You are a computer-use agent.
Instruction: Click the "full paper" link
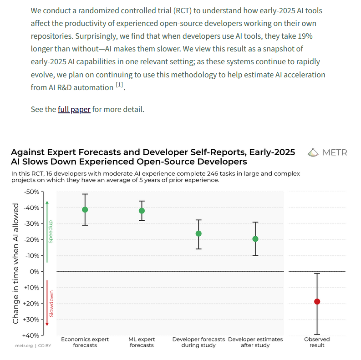click(x=74, y=109)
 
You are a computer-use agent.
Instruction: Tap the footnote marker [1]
click(x=119, y=85)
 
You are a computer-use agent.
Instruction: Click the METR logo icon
click(x=313, y=152)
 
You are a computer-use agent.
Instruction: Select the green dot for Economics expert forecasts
click(x=85, y=210)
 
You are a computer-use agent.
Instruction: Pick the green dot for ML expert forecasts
click(x=142, y=211)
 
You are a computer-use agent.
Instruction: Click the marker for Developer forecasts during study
click(x=198, y=233)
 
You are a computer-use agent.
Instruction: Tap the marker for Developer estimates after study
click(x=255, y=239)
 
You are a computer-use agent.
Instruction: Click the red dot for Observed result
click(x=317, y=301)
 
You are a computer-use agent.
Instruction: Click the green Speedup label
click(x=51, y=232)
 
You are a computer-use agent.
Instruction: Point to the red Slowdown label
click(x=51, y=304)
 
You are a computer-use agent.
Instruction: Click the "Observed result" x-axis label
click(x=317, y=342)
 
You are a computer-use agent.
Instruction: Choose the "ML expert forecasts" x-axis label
click(x=142, y=342)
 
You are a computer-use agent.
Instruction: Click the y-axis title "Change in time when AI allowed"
click(x=16, y=263)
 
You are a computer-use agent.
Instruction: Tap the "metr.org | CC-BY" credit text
click(x=33, y=345)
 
